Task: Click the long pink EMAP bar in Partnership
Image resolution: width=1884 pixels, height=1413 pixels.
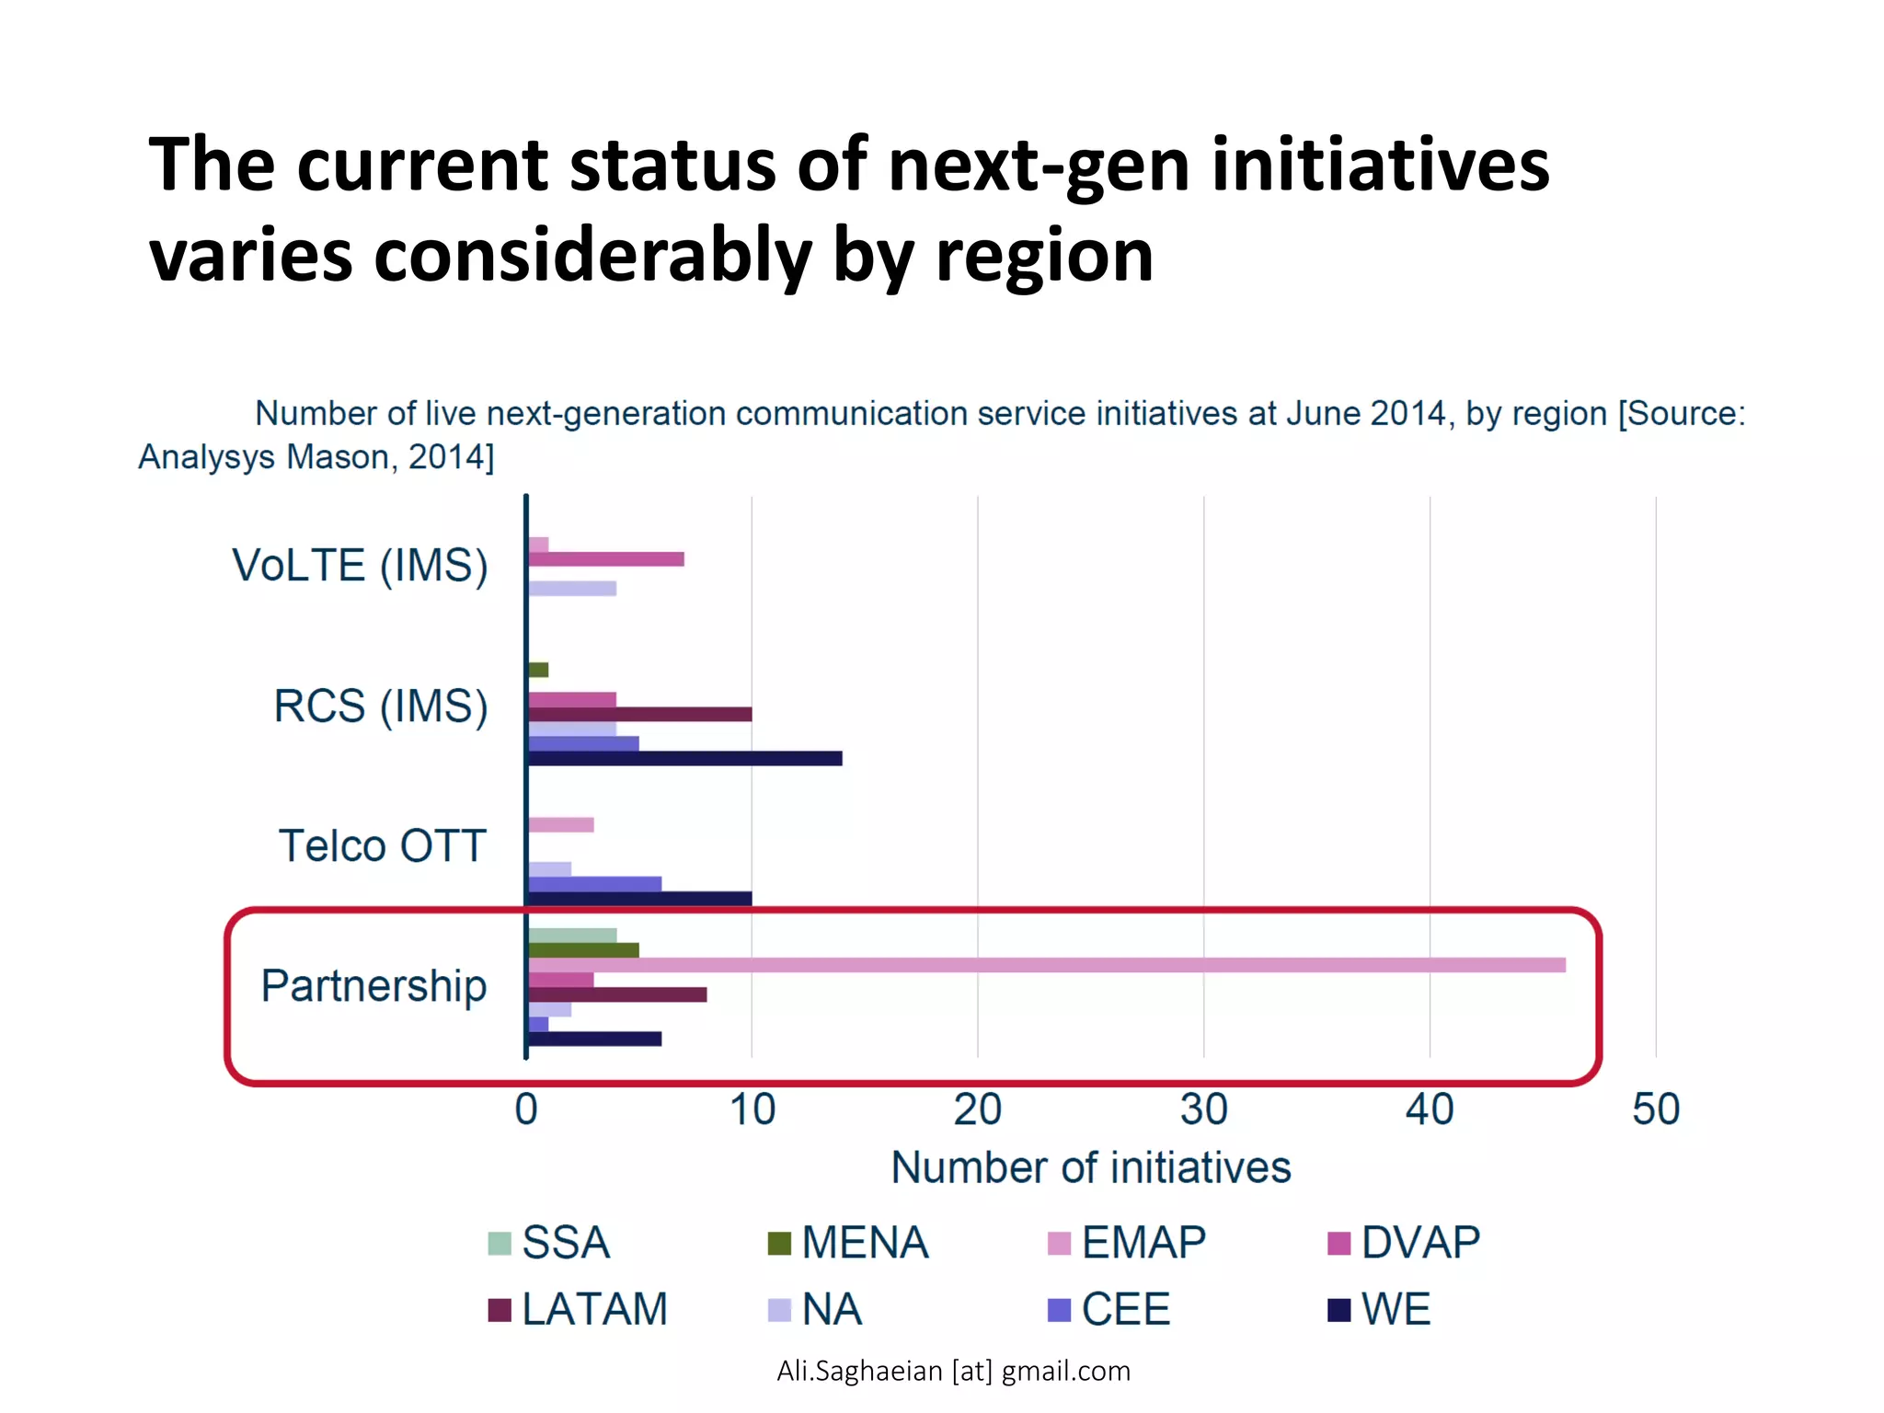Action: [x=1046, y=965]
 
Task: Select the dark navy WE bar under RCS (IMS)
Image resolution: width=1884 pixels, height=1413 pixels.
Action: [x=684, y=759]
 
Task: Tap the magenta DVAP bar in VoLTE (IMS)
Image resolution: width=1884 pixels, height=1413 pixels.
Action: [x=605, y=559]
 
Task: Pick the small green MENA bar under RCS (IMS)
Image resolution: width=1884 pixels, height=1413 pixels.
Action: [x=538, y=670]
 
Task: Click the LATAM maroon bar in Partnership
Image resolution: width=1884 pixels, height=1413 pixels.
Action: [x=616, y=994]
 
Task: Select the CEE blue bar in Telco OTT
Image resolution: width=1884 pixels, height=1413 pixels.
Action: [x=594, y=884]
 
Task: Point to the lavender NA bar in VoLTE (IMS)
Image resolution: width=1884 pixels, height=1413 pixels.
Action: [x=571, y=589]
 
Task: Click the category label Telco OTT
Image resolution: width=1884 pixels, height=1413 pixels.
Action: [x=382, y=846]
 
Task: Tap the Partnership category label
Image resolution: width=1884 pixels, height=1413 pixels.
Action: [x=373, y=986]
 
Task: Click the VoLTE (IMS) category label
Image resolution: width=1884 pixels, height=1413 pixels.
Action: [x=360, y=566]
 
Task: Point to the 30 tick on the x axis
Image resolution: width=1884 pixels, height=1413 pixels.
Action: [x=1203, y=1110]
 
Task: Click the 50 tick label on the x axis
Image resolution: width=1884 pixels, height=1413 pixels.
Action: [x=1655, y=1110]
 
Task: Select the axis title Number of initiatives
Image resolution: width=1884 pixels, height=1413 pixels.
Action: [x=1091, y=1168]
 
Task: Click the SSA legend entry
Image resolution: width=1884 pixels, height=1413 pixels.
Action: [x=550, y=1243]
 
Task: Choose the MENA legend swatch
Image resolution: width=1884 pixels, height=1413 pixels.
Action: [x=779, y=1244]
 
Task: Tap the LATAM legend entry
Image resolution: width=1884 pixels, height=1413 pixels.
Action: [x=578, y=1310]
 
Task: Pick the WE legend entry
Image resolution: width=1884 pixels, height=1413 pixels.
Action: [x=1379, y=1310]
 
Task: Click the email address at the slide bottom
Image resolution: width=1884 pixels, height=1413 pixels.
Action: [x=953, y=1372]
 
